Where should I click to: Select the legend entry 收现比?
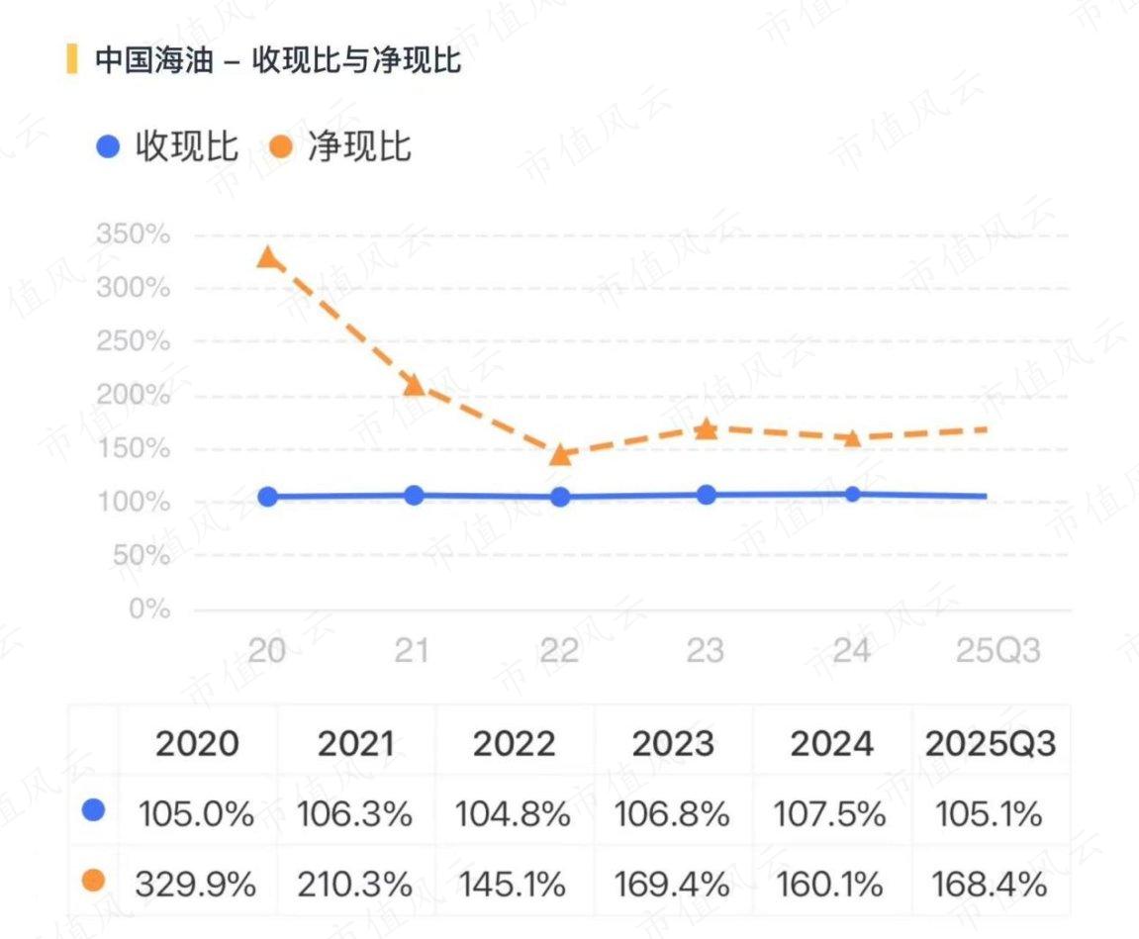pyautogui.click(x=168, y=147)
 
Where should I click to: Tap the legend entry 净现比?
pyautogui.click(x=340, y=147)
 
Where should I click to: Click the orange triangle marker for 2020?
pyautogui.click(x=267, y=258)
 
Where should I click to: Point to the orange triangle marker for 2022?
pyautogui.click(x=560, y=454)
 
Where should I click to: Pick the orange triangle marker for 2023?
pyautogui.click(x=706, y=428)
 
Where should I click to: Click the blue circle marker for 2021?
pyautogui.click(x=414, y=495)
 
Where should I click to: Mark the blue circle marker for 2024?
pyautogui.click(x=852, y=494)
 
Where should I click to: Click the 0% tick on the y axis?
pyautogui.click(x=149, y=610)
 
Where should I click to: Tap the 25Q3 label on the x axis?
pyautogui.click(x=997, y=651)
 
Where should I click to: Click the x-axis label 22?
pyautogui.click(x=560, y=651)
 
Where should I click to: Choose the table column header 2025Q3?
pyautogui.click(x=990, y=744)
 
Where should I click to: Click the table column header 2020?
pyautogui.click(x=197, y=744)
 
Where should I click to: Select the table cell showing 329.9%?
pyautogui.click(x=197, y=883)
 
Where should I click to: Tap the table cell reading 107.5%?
pyautogui.click(x=831, y=814)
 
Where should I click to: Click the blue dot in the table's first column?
pyautogui.click(x=94, y=812)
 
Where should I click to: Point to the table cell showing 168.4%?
pyautogui.click(x=990, y=883)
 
